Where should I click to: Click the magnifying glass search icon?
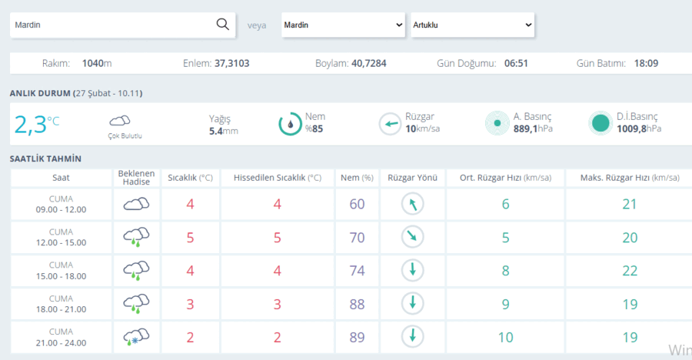tap(223, 25)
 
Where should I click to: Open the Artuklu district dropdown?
tap(473, 25)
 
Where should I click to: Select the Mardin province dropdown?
tap(344, 25)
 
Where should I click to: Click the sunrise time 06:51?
tap(516, 64)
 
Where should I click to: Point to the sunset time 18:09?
tap(646, 64)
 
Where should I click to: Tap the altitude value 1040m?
tap(97, 64)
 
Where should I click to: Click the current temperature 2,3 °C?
tap(37, 124)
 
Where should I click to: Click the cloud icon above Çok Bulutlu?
tap(120, 120)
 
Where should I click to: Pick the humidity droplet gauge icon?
tap(290, 124)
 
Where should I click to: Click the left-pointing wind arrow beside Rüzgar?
tap(390, 124)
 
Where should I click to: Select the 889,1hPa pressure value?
tap(533, 128)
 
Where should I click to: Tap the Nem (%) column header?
tap(357, 178)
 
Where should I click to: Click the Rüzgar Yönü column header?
tap(413, 178)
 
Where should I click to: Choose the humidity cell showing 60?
tap(357, 204)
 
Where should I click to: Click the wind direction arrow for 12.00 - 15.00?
tap(413, 237)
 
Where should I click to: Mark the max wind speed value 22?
tap(630, 271)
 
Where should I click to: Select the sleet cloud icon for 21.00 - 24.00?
tap(136, 337)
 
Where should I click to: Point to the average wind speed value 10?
tap(506, 338)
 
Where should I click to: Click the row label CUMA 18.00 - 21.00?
tap(61, 304)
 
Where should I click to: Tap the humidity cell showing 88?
tap(357, 305)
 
